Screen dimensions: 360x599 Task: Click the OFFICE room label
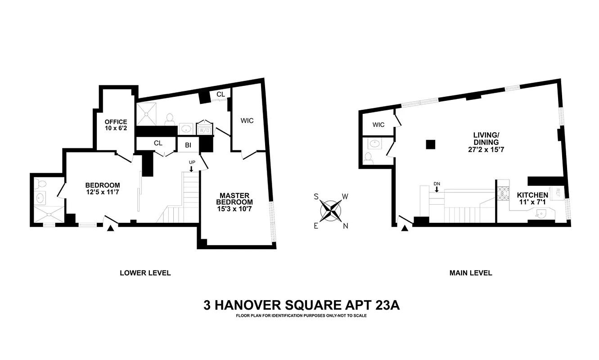[116, 125]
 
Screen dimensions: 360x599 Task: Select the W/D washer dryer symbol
[205, 129]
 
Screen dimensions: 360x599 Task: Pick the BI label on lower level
[188, 145]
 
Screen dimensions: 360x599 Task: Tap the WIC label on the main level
[378, 125]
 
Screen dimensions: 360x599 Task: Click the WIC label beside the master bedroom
[247, 121]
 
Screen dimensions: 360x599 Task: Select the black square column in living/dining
[431, 144]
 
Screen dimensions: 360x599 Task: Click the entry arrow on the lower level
[110, 229]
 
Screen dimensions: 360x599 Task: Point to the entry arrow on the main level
[405, 229]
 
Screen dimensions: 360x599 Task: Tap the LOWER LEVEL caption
[145, 273]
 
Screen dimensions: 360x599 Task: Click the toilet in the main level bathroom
[369, 157]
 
